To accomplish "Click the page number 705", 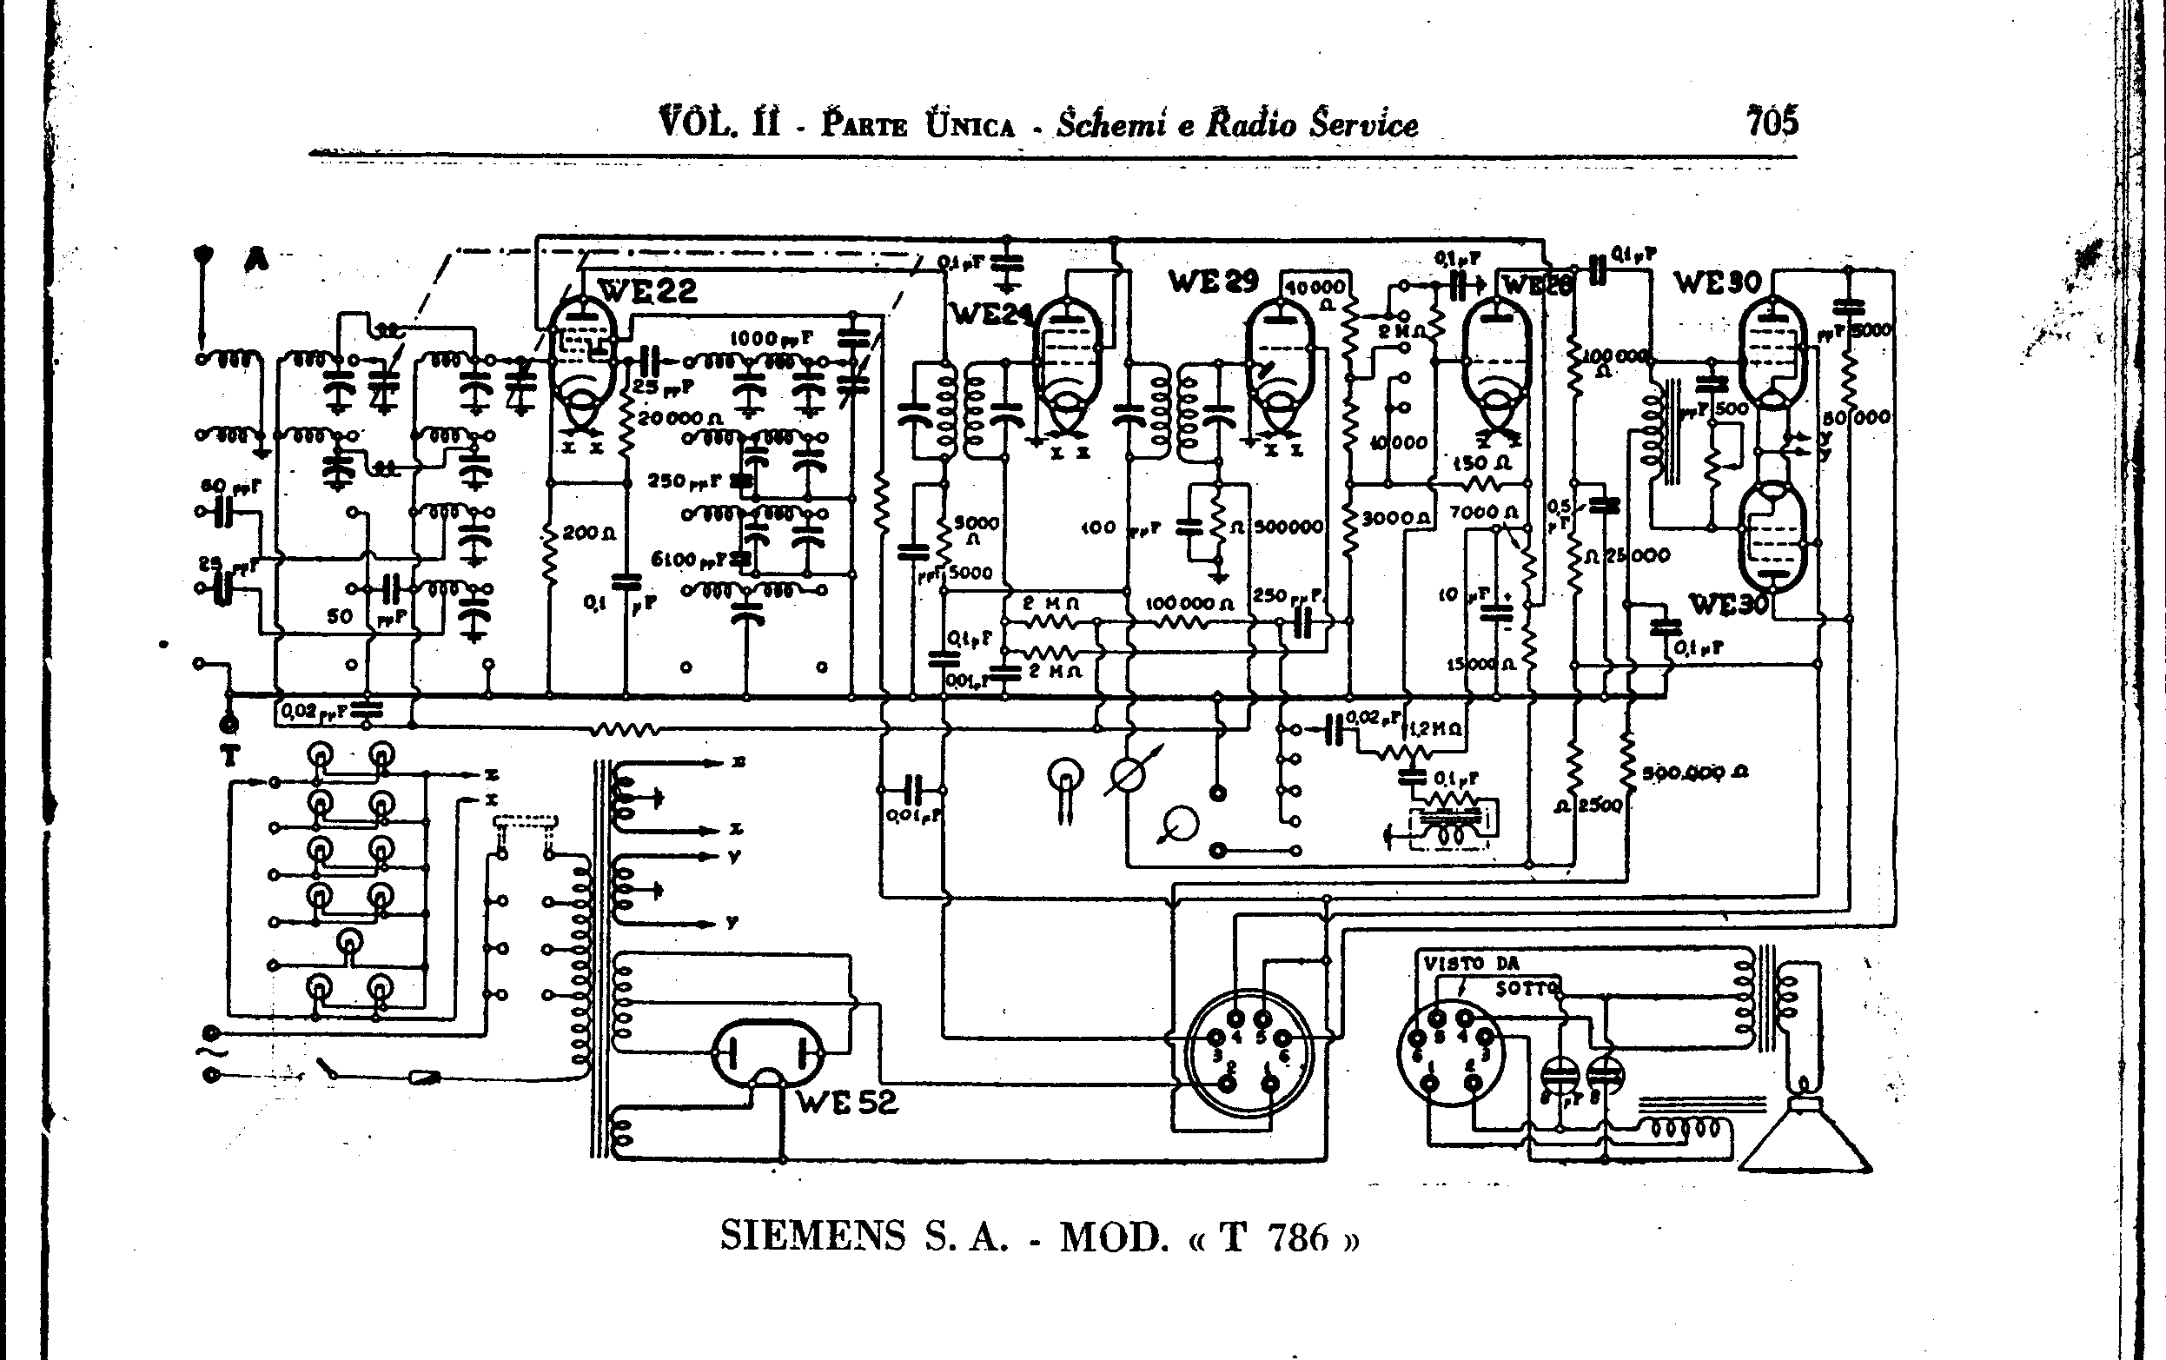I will tap(1772, 122).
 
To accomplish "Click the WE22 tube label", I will tap(646, 289).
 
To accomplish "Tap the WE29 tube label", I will tap(1213, 282).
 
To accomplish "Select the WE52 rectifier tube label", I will tap(847, 1103).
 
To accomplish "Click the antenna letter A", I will tap(257, 261).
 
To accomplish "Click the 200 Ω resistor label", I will tap(589, 533).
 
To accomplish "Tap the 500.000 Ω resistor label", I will tap(1694, 772).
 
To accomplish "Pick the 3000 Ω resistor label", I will tap(1395, 518).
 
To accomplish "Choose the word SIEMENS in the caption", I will tap(813, 1237).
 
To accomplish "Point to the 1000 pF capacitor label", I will tap(771, 338).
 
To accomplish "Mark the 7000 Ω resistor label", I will tap(1484, 513).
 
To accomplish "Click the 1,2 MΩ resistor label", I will tap(1435, 729).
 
